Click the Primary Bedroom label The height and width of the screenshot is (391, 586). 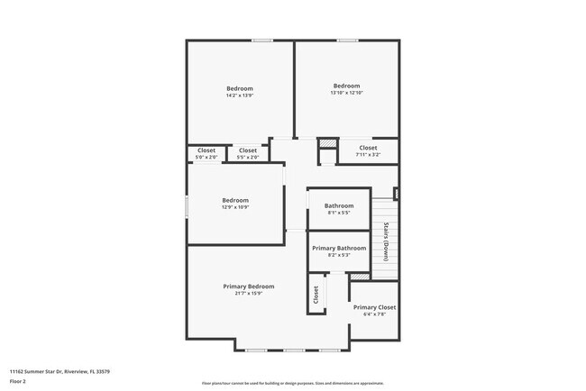[249, 286]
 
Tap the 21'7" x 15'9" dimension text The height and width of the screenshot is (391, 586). [249, 294]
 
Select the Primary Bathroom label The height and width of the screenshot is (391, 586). [339, 248]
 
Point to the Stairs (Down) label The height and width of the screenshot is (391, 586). [385, 241]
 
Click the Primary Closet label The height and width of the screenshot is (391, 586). [374, 307]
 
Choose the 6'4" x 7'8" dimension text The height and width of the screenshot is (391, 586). [374, 314]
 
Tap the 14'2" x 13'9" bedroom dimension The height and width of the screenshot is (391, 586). [239, 95]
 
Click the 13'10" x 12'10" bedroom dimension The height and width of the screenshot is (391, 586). [346, 93]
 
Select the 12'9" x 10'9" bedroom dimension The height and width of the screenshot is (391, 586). [235, 207]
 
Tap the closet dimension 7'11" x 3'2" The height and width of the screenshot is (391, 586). [368, 155]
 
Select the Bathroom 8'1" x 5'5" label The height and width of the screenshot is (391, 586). [339, 209]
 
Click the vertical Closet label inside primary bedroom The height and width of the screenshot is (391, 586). [316, 295]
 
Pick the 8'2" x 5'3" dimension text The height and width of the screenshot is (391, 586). [339, 255]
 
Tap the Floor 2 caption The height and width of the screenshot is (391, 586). [18, 381]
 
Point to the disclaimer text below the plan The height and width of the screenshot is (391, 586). [293, 383]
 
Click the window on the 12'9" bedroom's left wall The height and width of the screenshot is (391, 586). [188, 205]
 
